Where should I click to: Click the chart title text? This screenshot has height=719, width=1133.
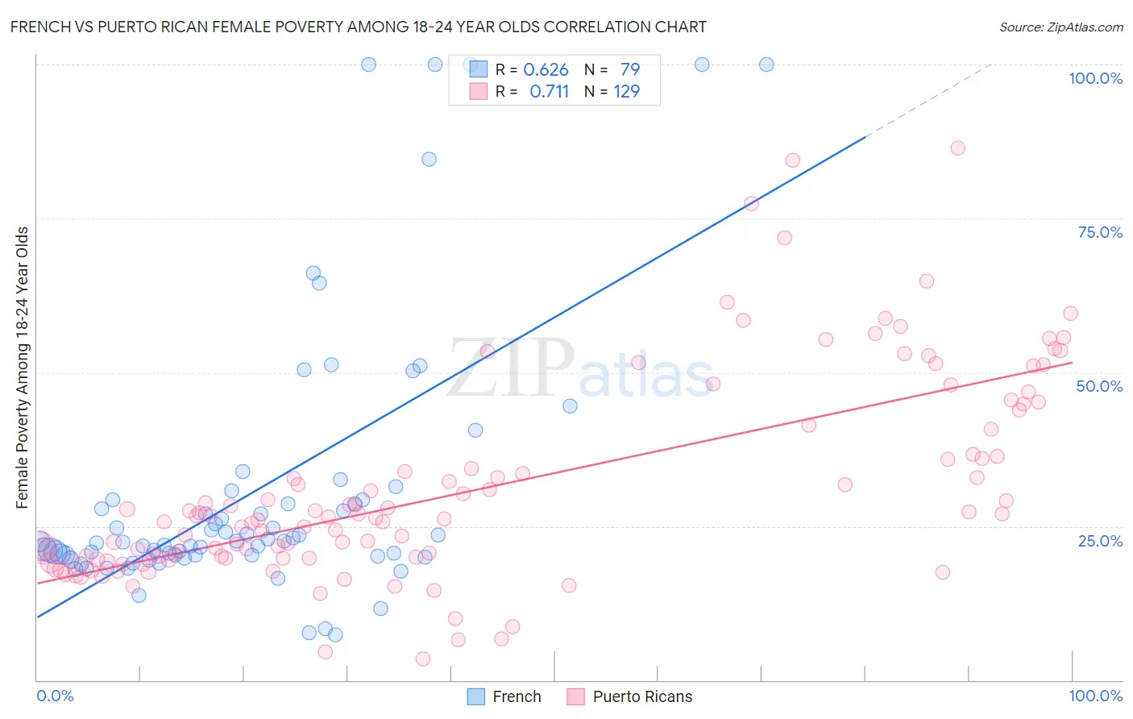(x=358, y=27)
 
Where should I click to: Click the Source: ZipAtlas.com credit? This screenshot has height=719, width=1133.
(x=1060, y=27)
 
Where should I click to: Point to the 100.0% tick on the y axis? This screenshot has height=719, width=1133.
(x=1095, y=78)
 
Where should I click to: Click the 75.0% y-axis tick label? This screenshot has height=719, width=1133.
(x=1100, y=232)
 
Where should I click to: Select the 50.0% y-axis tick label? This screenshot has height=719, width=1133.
(x=1099, y=386)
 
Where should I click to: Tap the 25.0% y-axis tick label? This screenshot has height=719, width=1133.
(x=1100, y=540)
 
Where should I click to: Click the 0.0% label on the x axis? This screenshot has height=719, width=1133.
(x=55, y=696)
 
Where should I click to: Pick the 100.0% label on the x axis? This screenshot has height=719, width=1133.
(x=1095, y=696)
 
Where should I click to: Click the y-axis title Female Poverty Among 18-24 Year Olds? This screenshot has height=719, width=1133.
(x=23, y=368)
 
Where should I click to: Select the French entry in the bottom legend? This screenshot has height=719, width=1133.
(x=516, y=696)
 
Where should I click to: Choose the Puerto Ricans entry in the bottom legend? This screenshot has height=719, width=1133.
(x=641, y=696)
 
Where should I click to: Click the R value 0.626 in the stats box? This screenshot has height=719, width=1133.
(x=546, y=70)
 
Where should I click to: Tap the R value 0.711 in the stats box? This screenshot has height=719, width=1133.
(x=549, y=92)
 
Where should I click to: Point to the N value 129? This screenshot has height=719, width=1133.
(x=626, y=92)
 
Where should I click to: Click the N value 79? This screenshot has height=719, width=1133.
(x=629, y=70)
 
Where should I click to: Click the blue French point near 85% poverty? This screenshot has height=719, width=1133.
(x=429, y=160)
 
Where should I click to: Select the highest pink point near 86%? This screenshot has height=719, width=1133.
(x=957, y=148)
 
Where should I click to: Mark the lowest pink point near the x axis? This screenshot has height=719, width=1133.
(x=422, y=659)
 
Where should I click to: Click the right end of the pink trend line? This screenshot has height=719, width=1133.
(x=1072, y=363)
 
